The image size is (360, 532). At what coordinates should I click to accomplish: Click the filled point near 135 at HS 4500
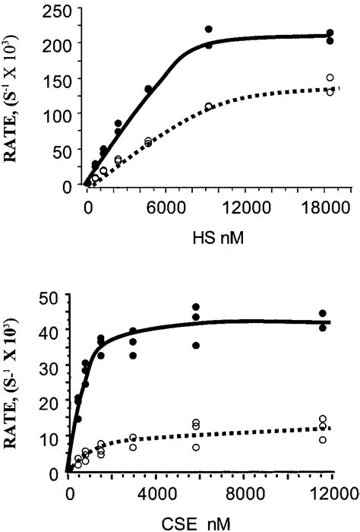[x=149, y=89]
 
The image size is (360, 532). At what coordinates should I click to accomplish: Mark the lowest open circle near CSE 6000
[x=196, y=448]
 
